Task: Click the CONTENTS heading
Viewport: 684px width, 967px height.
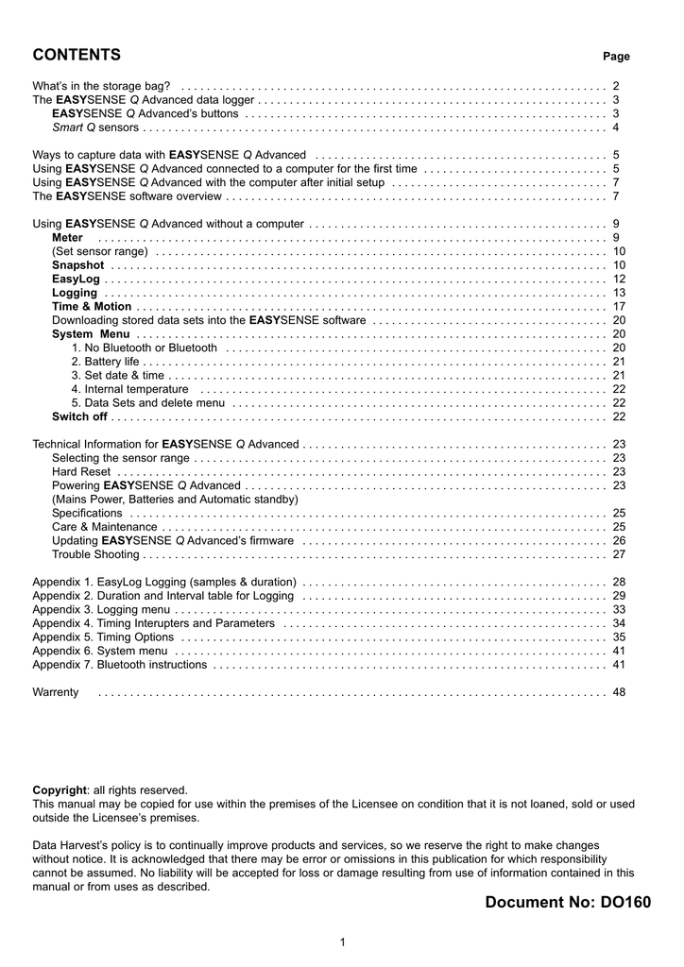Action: click(x=77, y=54)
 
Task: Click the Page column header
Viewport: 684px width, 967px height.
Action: click(x=616, y=57)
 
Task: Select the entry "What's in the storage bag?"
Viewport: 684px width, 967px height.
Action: click(x=101, y=86)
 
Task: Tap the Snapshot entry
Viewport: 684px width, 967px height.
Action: click(x=77, y=265)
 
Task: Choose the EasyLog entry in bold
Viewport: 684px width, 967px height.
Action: click(x=76, y=280)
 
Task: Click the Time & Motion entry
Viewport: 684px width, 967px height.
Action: click(x=92, y=307)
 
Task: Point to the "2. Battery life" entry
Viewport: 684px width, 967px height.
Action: click(x=105, y=362)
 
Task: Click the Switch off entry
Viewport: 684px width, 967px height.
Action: click(x=79, y=416)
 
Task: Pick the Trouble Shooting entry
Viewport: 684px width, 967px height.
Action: click(x=95, y=554)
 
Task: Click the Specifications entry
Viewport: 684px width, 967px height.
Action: click(x=87, y=513)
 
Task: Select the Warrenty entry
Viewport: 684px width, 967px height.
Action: click(x=56, y=692)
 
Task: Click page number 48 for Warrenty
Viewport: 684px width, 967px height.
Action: click(x=619, y=692)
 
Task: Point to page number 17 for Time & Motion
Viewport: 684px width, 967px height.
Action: click(x=619, y=307)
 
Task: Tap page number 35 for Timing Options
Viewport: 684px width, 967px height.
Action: click(x=619, y=637)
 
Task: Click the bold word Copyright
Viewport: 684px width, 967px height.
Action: click(x=60, y=790)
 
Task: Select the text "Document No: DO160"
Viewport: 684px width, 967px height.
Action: click(x=568, y=903)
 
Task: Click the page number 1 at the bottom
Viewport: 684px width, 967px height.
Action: click(x=342, y=942)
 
